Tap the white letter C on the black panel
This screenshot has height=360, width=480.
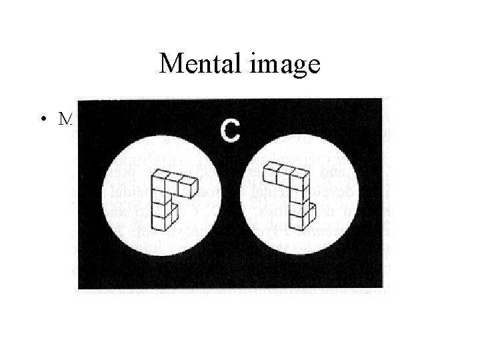[x=231, y=131]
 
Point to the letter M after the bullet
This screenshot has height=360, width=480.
[x=65, y=119]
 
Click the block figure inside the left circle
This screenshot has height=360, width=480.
[x=169, y=200]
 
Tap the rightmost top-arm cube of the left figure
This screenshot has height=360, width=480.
[x=189, y=186]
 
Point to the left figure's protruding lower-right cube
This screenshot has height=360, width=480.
[x=173, y=214]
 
